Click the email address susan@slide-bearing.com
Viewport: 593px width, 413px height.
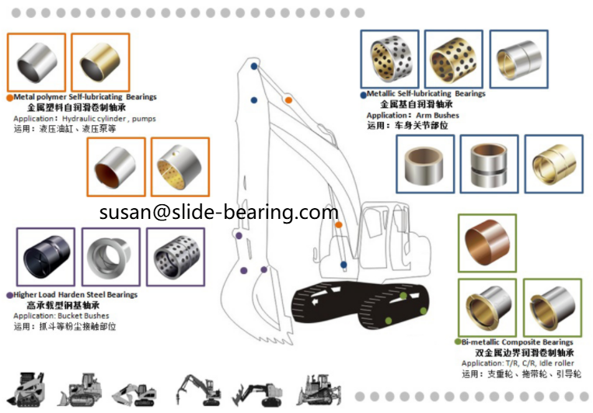point(218,212)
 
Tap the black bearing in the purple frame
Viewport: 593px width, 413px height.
point(46,257)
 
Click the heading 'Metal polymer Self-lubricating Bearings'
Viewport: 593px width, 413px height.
point(85,97)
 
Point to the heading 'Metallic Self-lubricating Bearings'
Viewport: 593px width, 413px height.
point(426,94)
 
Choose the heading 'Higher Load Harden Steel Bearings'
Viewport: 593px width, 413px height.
point(75,295)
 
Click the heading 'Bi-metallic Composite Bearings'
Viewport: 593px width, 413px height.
point(517,342)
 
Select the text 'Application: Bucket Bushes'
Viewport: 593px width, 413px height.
point(61,316)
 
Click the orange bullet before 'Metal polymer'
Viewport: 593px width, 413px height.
point(9,98)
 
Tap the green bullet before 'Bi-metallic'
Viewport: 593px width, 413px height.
point(458,342)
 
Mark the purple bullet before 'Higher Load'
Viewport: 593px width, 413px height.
point(9,296)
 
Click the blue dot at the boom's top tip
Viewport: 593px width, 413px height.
point(255,67)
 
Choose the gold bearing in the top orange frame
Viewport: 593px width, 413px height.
point(100,61)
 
